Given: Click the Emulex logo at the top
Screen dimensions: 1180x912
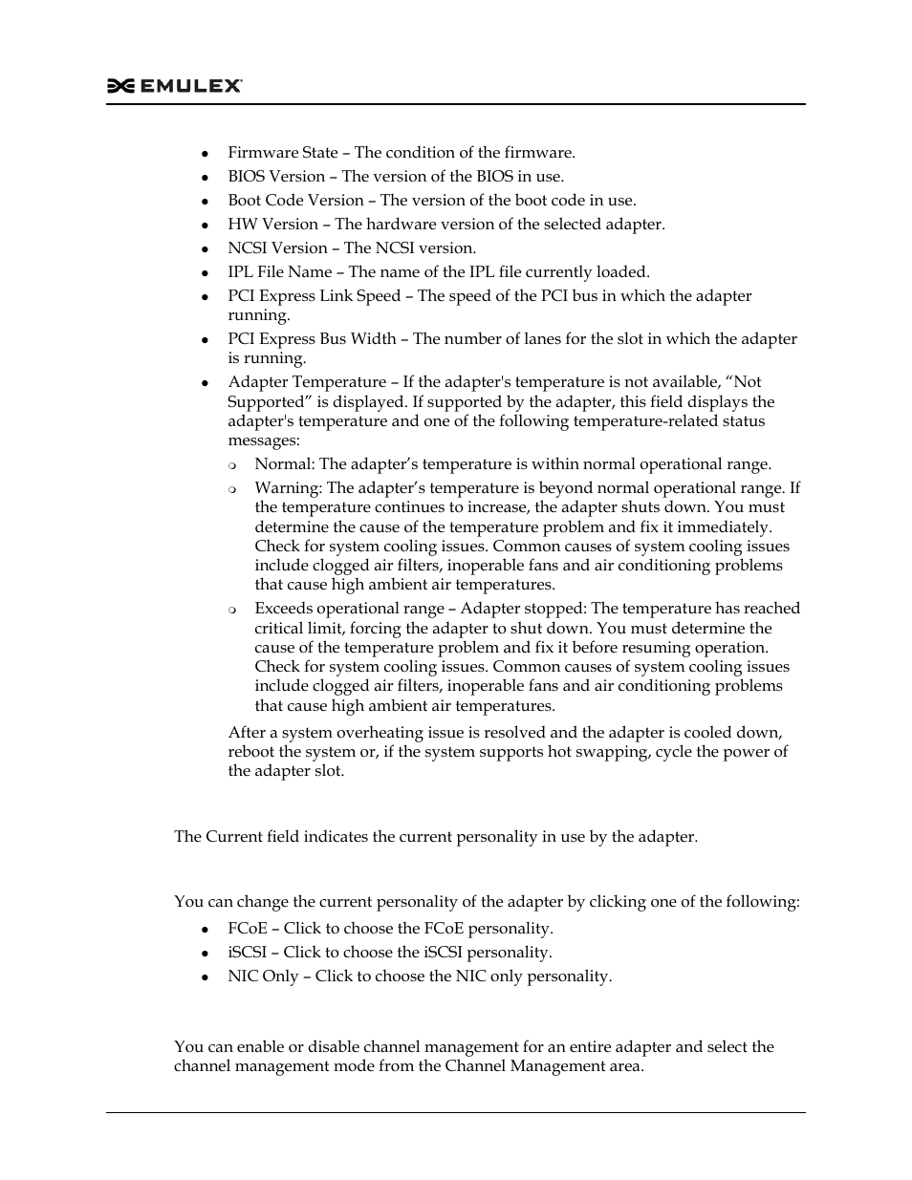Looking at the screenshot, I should coord(174,86).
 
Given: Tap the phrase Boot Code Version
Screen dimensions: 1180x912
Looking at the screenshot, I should coord(295,201).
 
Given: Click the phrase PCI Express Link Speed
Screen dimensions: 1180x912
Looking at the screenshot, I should coord(314,296).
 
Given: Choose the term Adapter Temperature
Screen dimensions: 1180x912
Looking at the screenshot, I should coord(307,382).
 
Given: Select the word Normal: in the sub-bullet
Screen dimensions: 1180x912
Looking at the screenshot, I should coord(284,464).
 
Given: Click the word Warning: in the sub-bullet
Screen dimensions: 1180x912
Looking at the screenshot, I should coord(288,488).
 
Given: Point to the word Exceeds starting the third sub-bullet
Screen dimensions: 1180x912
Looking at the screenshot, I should coord(284,609).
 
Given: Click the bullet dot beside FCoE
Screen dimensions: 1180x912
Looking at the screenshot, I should coord(205,930).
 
